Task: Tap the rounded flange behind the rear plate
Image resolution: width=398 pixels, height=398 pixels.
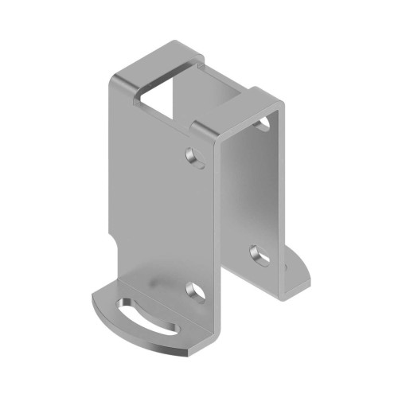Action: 298,271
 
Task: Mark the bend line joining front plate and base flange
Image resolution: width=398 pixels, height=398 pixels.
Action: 159,280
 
